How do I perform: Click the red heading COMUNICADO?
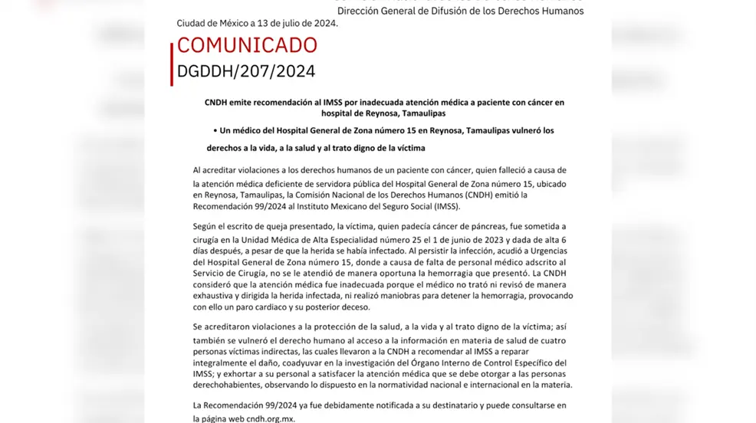click(247, 45)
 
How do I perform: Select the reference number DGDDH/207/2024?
click(246, 71)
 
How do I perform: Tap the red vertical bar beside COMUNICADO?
click(172, 64)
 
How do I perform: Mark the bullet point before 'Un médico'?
click(215, 131)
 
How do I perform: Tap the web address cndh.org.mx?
click(269, 418)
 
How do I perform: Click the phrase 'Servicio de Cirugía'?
click(232, 273)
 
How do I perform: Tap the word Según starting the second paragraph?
click(207, 226)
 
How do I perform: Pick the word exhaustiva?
click(218, 296)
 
